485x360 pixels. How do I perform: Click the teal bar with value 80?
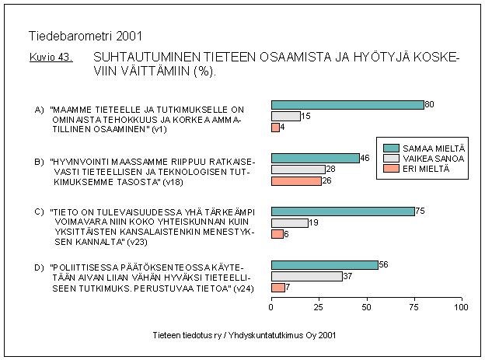(x=347, y=104)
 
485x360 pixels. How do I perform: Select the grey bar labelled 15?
(x=285, y=116)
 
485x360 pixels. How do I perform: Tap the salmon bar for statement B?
(x=296, y=181)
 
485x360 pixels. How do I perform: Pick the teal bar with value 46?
(x=315, y=158)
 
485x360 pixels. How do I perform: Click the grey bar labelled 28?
(x=298, y=170)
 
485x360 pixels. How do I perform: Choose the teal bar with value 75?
(x=343, y=211)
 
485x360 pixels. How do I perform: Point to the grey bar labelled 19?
(x=289, y=222)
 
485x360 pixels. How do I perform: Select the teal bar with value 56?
(x=324, y=264)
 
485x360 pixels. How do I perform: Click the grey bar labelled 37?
(x=306, y=276)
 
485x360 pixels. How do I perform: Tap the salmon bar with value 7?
(x=277, y=288)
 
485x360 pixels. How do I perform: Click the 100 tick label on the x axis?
(x=462, y=308)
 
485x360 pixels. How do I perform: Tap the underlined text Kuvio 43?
(x=51, y=58)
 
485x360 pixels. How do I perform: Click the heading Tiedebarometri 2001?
(x=85, y=36)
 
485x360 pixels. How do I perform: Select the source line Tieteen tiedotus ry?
(x=246, y=334)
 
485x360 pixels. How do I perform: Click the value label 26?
(x=326, y=181)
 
